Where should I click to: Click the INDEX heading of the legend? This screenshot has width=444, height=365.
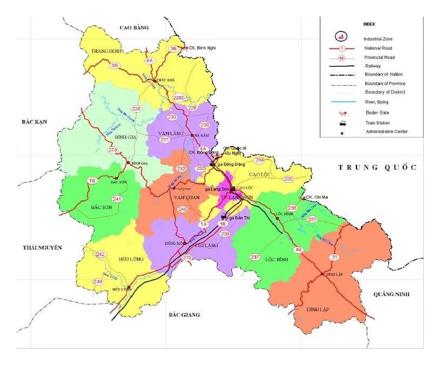coord(368,24)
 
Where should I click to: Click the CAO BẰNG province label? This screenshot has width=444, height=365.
coord(135,28)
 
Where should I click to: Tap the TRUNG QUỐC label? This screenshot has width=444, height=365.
coord(377,167)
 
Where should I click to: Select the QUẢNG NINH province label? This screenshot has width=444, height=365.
coord(391,295)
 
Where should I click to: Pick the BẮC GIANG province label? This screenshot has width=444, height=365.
coord(184,314)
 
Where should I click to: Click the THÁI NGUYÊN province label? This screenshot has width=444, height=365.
coord(42,248)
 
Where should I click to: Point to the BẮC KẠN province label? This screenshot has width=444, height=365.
coord(34,122)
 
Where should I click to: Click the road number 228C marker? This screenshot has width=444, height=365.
coord(179,98)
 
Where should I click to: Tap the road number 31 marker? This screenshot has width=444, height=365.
coord(334,257)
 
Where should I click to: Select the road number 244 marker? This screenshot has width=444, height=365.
coord(98,281)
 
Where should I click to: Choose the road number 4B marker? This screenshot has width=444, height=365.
coord(298,250)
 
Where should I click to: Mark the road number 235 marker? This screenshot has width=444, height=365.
coord(288,179)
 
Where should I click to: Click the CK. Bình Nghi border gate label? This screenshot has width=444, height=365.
coord(203,48)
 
